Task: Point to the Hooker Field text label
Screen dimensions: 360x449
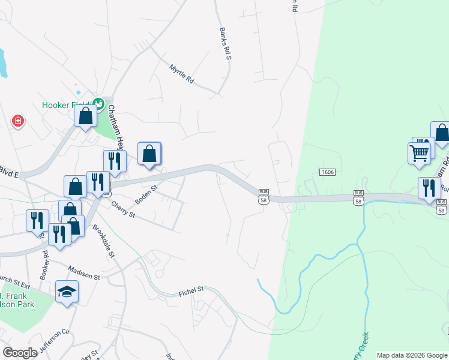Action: click(65, 105)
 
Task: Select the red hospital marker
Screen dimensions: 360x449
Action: click(19, 121)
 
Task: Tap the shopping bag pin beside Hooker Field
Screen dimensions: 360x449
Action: click(86, 116)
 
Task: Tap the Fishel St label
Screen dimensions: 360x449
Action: click(191, 292)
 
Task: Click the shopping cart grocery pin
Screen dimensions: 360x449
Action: click(419, 152)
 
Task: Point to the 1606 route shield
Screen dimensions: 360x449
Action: click(327, 172)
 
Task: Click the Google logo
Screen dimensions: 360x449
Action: click(20, 353)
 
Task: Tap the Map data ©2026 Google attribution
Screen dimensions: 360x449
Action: click(412, 355)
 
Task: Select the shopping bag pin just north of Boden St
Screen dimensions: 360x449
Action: click(149, 154)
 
